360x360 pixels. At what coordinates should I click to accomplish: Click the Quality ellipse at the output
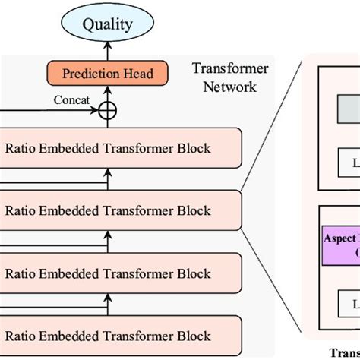[x=107, y=24]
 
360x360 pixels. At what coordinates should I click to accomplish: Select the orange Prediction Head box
[x=107, y=74]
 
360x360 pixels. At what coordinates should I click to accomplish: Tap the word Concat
[x=73, y=100]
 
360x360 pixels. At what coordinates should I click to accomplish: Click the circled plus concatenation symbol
[x=107, y=111]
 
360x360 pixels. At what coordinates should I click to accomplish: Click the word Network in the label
[x=226, y=87]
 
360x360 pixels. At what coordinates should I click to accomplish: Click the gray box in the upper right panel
[x=349, y=113]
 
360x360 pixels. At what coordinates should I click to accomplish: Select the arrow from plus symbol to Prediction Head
[x=107, y=93]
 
